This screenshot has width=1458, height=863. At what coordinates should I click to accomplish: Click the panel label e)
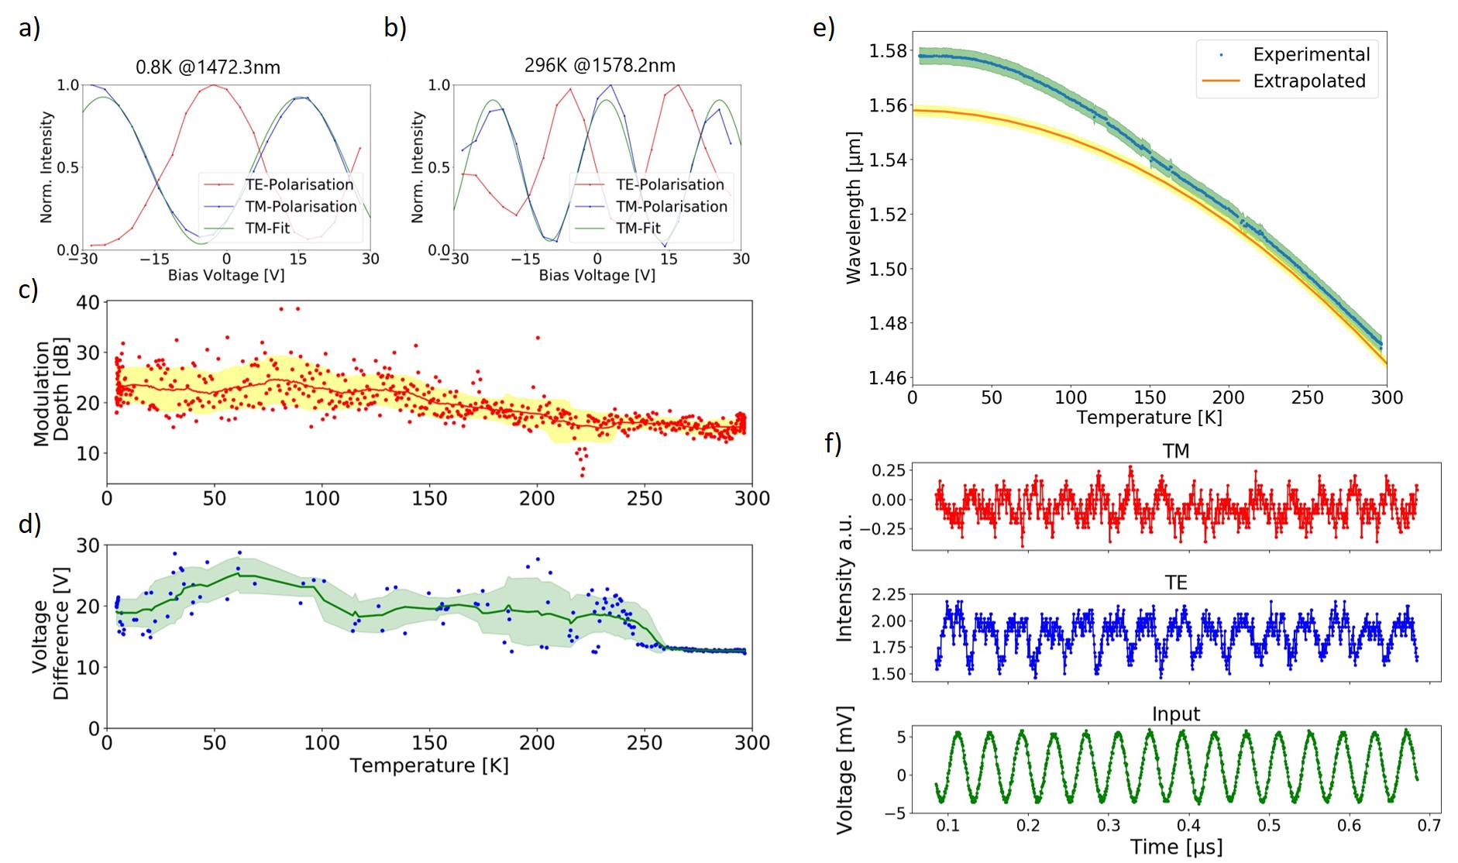823,29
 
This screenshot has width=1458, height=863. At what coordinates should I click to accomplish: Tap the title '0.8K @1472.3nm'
208,67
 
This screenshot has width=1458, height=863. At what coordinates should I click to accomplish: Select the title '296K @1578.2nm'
600,65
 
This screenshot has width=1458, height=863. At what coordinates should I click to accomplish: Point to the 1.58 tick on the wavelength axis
888,51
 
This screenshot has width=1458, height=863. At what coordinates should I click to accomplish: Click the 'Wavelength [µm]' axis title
854,208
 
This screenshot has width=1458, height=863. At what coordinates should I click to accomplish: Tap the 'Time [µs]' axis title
1176,847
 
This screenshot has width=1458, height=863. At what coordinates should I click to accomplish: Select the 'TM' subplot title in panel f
1175,451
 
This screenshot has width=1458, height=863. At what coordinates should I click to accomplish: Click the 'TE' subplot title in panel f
1175,583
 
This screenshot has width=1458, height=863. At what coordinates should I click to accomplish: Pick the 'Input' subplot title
1175,714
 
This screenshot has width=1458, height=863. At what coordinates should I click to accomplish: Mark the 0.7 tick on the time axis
1429,826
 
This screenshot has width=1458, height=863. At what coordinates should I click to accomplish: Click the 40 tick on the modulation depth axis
88,303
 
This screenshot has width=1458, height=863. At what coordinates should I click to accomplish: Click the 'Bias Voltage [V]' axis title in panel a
226,275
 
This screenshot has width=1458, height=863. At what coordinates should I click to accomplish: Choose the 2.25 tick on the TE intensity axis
888,594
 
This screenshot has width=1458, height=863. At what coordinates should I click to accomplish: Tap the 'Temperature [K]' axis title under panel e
1149,418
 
